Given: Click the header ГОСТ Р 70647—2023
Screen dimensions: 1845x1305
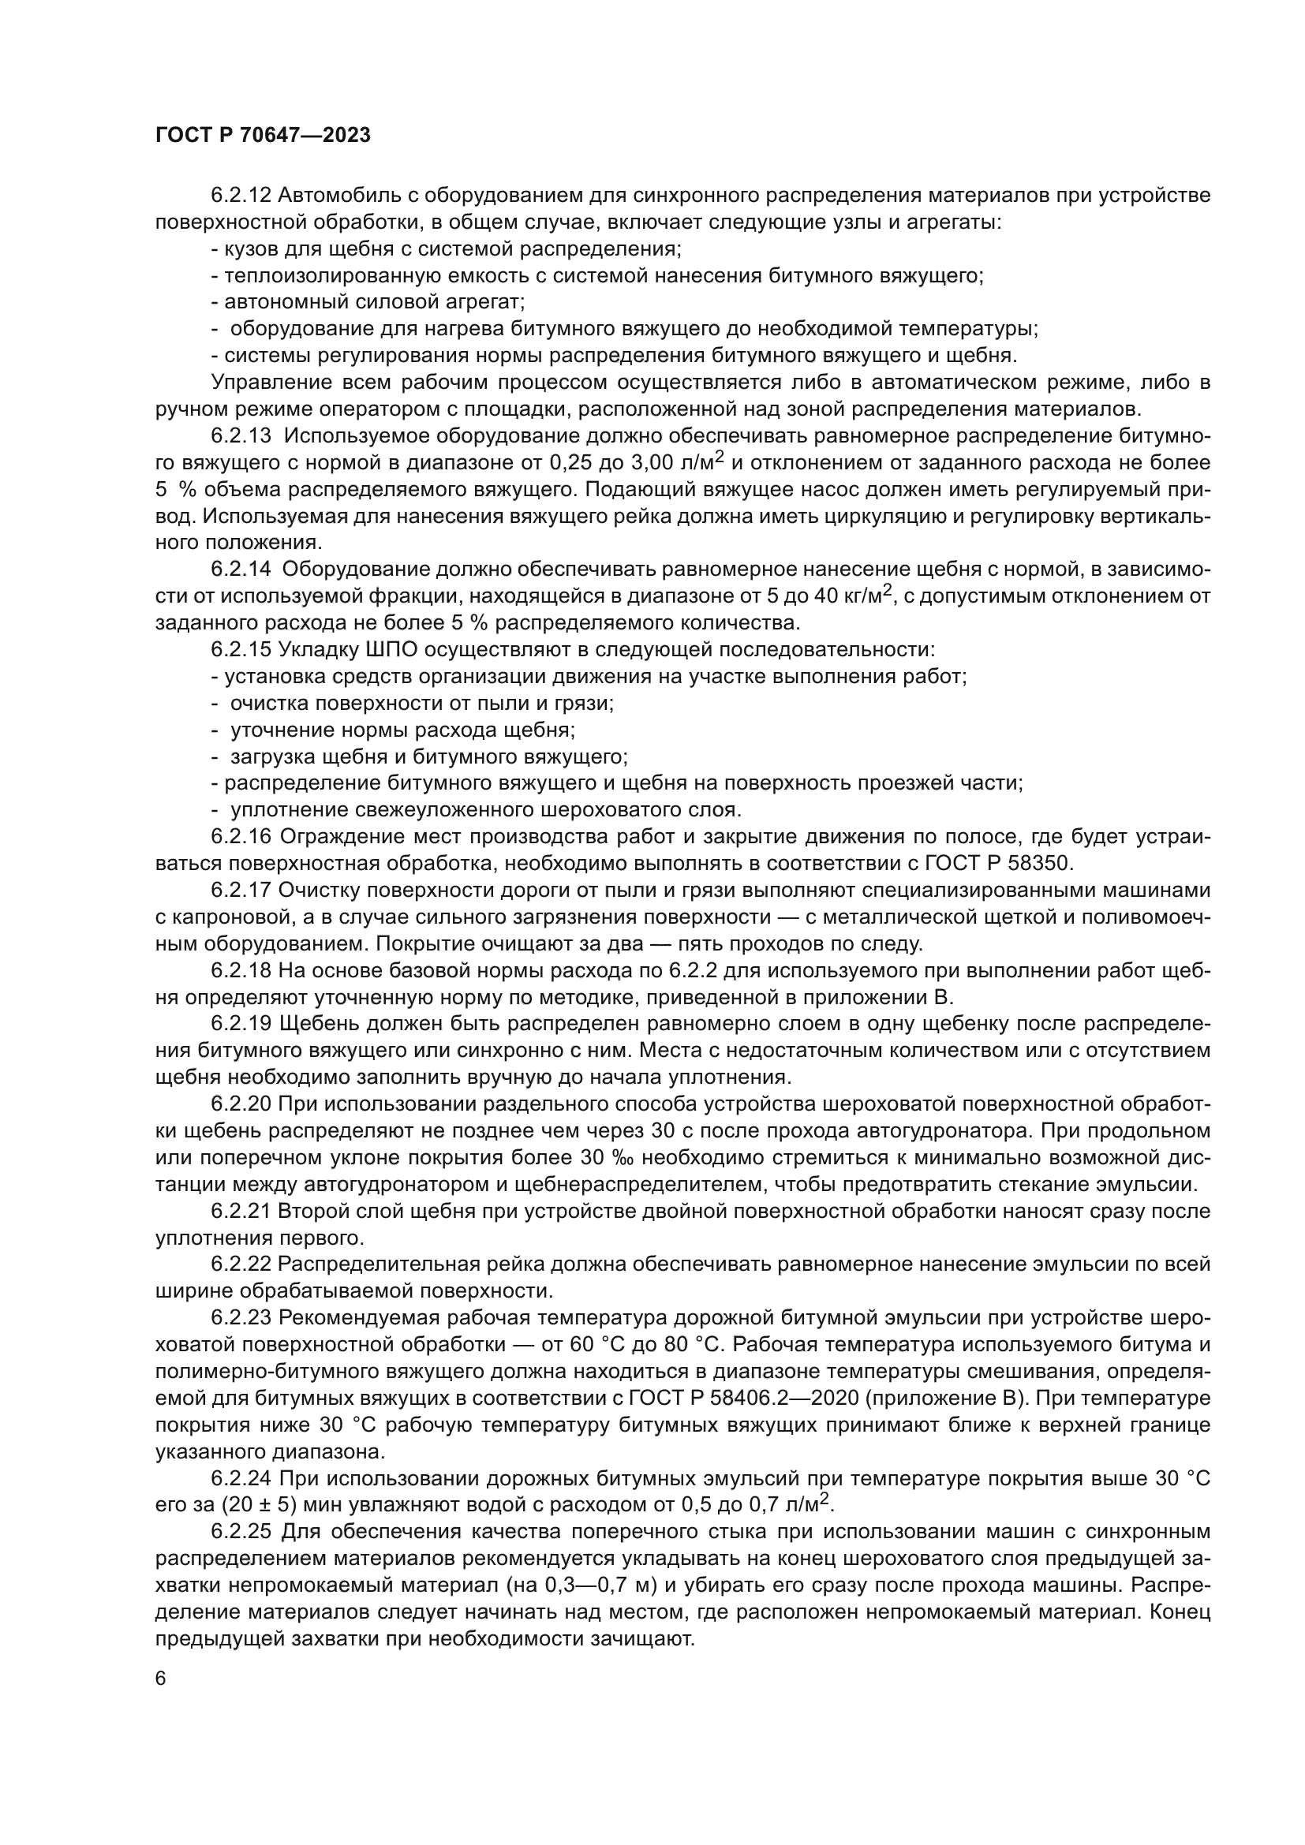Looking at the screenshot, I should click(x=263, y=136).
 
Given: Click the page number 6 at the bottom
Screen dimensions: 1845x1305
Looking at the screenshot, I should click(x=161, y=1679).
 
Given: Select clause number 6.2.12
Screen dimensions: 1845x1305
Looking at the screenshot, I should click(x=241, y=196).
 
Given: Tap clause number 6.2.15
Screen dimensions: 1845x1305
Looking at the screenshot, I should click(x=241, y=649).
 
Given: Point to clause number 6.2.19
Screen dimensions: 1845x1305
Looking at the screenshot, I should click(x=241, y=1024).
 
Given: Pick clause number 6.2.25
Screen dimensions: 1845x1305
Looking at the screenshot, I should click(x=243, y=1532).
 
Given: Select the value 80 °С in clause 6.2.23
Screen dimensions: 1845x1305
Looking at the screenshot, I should click(x=695, y=1344).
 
